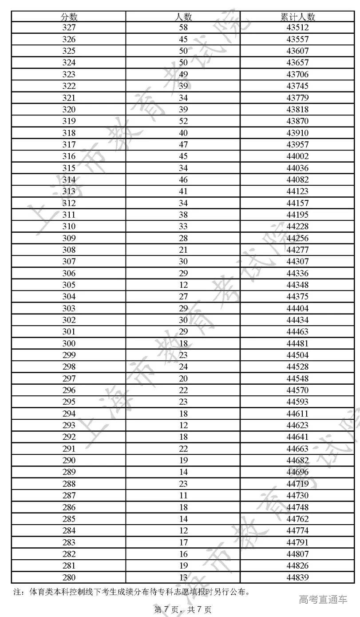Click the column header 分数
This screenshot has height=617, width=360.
pos(69,16)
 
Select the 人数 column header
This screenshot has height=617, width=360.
pos(183,16)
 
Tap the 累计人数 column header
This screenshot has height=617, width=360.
pos(297,16)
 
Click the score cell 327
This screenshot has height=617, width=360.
pos(69,28)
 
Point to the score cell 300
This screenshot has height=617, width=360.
pos(69,343)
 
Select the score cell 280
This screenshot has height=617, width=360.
pos(69,577)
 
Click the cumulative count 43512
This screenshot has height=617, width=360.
pos(297,28)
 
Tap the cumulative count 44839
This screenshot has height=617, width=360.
pos(297,577)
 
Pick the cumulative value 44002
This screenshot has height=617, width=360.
pos(297,156)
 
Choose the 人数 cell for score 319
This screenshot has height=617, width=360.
pos(183,121)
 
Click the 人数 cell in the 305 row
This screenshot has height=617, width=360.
pos(183,285)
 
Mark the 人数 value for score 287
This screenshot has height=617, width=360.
pos(183,495)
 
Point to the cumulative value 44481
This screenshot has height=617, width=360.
pos(297,343)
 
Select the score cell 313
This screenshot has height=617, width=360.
pos(69,191)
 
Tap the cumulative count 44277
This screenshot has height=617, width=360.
pos(297,250)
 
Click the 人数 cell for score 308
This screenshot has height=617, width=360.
pos(183,250)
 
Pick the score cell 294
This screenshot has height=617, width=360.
pos(69,414)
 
